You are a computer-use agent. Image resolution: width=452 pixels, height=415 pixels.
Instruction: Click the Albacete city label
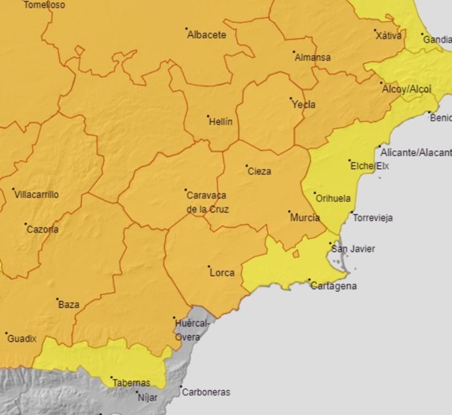point(207,35)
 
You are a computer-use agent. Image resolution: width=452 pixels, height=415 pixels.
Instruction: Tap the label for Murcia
point(305,218)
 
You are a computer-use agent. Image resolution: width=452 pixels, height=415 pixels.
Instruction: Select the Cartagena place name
point(333,287)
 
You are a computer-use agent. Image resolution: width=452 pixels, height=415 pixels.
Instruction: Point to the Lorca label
point(222,273)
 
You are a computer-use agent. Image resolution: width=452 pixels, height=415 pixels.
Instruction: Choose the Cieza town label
point(259,172)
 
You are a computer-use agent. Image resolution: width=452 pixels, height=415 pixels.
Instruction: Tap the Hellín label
point(220,122)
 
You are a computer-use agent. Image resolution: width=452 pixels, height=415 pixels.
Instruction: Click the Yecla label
point(303,105)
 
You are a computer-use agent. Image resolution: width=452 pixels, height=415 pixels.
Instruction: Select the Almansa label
point(312,58)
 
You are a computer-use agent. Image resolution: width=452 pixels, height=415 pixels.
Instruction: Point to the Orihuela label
point(333,199)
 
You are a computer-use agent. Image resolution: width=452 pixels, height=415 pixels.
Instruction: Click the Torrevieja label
point(373,218)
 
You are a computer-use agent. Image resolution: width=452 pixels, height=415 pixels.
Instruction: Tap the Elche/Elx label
point(369,167)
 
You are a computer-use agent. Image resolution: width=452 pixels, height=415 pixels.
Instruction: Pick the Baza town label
point(69,305)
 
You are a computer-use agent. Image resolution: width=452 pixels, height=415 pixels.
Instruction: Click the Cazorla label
point(42,229)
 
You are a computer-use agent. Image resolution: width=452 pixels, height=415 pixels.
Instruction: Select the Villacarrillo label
point(37,195)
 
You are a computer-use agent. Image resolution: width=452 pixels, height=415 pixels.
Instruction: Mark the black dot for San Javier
point(330,243)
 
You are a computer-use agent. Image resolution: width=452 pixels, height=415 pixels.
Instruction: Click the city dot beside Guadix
point(5,333)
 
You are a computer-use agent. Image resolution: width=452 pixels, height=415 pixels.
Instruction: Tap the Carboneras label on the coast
point(206,393)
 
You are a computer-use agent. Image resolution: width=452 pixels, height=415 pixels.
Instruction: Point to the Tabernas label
point(131,383)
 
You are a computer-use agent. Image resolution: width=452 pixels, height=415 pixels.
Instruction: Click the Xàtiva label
point(389,36)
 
